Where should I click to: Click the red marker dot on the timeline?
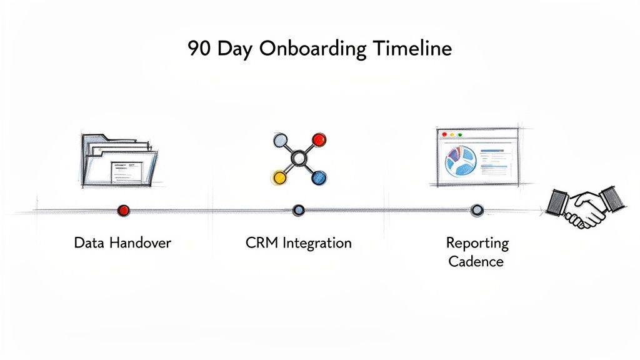coord(123,210)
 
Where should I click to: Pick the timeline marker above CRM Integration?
coord(299,210)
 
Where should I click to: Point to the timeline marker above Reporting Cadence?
coord(477,210)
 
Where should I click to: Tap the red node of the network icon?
coord(319,139)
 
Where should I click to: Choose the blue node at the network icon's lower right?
coord(319,177)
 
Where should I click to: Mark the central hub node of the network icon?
coord(299,158)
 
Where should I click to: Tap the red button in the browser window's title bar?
coord(444,134)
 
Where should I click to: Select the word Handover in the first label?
coord(140,242)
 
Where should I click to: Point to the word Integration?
coord(317,243)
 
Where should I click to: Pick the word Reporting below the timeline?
coord(477,242)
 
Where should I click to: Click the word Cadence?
coord(476,261)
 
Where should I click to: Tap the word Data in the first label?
coord(88,242)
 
